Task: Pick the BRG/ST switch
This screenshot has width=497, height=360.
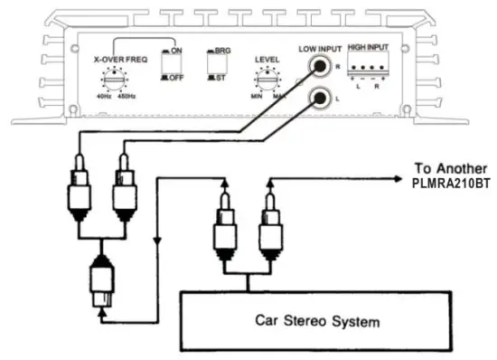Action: coord(216,67)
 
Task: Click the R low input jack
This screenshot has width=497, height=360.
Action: coord(317,64)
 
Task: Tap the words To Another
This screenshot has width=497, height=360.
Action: coord(450,167)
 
